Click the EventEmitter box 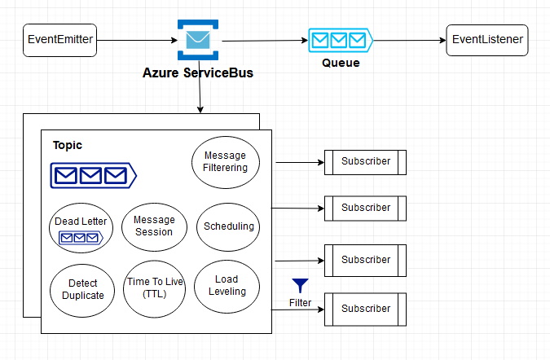[59, 40]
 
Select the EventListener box [487, 40]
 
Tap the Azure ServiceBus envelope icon [198, 40]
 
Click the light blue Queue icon [341, 40]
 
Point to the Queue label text [341, 63]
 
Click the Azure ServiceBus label [198, 73]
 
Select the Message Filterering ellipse [226, 162]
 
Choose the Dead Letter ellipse [81, 228]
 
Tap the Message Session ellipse [154, 226]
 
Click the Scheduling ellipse [228, 226]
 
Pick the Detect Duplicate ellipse [82, 290]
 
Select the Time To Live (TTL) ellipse [154, 288]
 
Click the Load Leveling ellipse [227, 287]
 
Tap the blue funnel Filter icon [300, 285]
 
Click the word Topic [68, 145]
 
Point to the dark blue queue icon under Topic [94, 175]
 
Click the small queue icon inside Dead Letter [81, 238]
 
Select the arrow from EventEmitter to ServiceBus [137, 40]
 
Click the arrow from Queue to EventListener [410, 40]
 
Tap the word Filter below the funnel [300, 302]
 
